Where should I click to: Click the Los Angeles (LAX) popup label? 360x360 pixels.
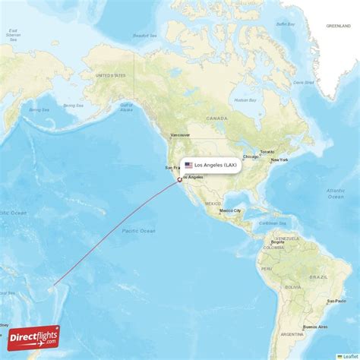pos(216,165)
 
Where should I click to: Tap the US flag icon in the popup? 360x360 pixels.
pos(188,165)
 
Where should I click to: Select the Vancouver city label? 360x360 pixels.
pos(180,134)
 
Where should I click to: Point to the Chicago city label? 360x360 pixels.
pos(251,156)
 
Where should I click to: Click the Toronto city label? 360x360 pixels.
pos(267,151)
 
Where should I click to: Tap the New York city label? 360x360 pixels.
pos(279,159)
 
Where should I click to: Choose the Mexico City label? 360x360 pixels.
pos(232,210)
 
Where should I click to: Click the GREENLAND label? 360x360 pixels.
pos(338,26)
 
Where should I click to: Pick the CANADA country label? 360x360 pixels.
pos(216,118)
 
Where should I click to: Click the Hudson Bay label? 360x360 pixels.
pos(245,100)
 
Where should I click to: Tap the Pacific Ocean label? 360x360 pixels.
pos(137,230)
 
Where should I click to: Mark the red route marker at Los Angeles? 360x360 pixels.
pos(179,180)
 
